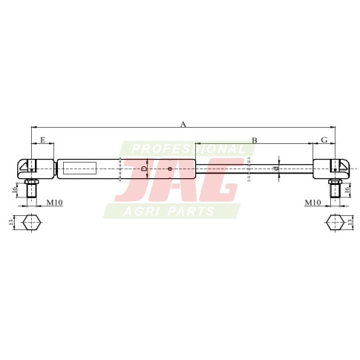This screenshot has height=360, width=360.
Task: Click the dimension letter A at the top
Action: pyautogui.click(x=183, y=124)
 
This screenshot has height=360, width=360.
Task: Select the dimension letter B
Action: pyautogui.click(x=255, y=140)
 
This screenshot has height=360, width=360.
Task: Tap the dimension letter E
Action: pyautogui.click(x=43, y=140)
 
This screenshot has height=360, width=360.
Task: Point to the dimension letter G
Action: pyautogui.click(x=324, y=140)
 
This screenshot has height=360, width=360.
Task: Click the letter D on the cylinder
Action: pyautogui.click(x=143, y=169)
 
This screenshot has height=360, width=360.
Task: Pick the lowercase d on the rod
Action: pyautogui.click(x=276, y=168)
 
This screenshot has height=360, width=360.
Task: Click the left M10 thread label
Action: pyautogui.click(x=55, y=203)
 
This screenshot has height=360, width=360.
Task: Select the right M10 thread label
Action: pyautogui.click(x=312, y=203)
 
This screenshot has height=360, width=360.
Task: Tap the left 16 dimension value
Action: pyautogui.click(x=14, y=190)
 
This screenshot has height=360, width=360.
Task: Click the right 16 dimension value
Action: pyautogui.click(x=347, y=190)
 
